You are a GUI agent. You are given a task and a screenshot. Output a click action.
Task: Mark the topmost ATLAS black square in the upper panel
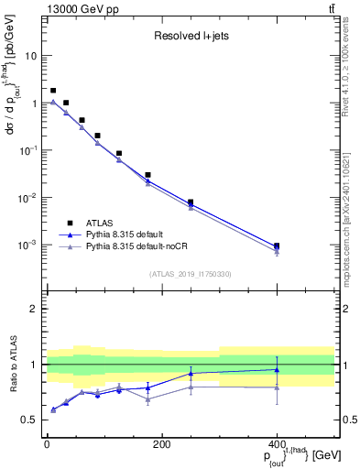pos(53,91)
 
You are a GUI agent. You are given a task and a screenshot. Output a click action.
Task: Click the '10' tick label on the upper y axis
pos(30,56)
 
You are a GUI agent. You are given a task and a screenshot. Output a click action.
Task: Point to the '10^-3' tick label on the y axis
pos(27,245)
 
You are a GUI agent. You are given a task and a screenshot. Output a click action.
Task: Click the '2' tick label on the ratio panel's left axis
pos(34,309)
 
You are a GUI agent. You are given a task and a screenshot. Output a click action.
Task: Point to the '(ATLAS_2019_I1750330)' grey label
pos(190,273)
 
